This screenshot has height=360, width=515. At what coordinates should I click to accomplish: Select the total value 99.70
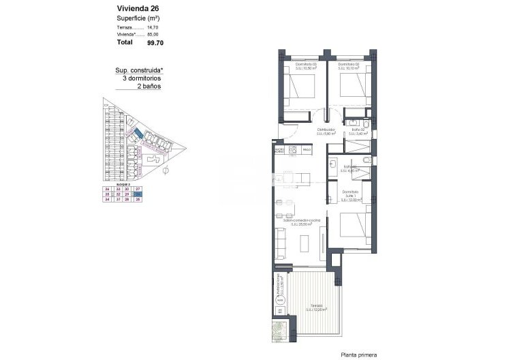tap(155, 42)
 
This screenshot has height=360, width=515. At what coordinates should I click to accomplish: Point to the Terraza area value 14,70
tap(152, 27)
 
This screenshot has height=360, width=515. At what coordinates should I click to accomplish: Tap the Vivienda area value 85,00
tap(152, 33)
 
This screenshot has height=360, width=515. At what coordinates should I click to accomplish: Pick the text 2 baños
tap(149, 87)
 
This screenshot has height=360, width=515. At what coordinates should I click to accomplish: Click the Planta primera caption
tap(358, 355)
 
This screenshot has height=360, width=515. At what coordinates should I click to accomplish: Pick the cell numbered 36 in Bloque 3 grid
tap(106, 188)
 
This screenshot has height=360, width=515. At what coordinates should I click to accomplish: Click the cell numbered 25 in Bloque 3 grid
tap(138, 200)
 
